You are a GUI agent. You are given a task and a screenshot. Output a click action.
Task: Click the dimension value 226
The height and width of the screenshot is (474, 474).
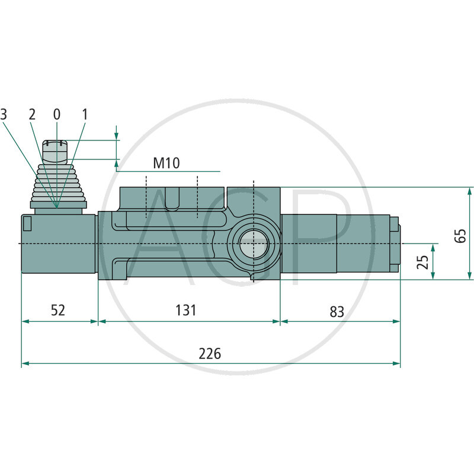tap(210, 354)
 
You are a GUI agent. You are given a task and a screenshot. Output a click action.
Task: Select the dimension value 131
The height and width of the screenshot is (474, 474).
tap(185, 310)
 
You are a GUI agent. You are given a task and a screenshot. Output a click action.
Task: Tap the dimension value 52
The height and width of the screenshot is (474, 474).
tap(57, 310)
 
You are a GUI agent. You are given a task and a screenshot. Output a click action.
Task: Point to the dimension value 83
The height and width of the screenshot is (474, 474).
tap(337, 311)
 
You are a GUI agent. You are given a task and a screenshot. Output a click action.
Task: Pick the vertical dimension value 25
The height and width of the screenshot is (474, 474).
tap(422, 261)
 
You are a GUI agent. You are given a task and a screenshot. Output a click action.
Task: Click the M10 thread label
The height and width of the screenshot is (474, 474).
tap(166, 163)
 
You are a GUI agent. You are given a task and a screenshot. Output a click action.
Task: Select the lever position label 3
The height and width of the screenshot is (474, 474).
tap(4, 114)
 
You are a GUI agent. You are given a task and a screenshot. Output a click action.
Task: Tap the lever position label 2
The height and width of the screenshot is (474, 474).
tap(33, 114)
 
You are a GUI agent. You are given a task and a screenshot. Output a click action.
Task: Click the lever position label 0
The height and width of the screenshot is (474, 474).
tap(57, 114)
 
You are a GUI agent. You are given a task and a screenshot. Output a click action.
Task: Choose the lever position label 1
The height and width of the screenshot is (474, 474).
tap(84, 114)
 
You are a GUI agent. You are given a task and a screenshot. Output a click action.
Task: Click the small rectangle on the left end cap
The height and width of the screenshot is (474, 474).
tap(27, 223)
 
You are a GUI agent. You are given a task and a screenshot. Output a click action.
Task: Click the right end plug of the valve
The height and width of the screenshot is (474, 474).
tap(395, 244)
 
